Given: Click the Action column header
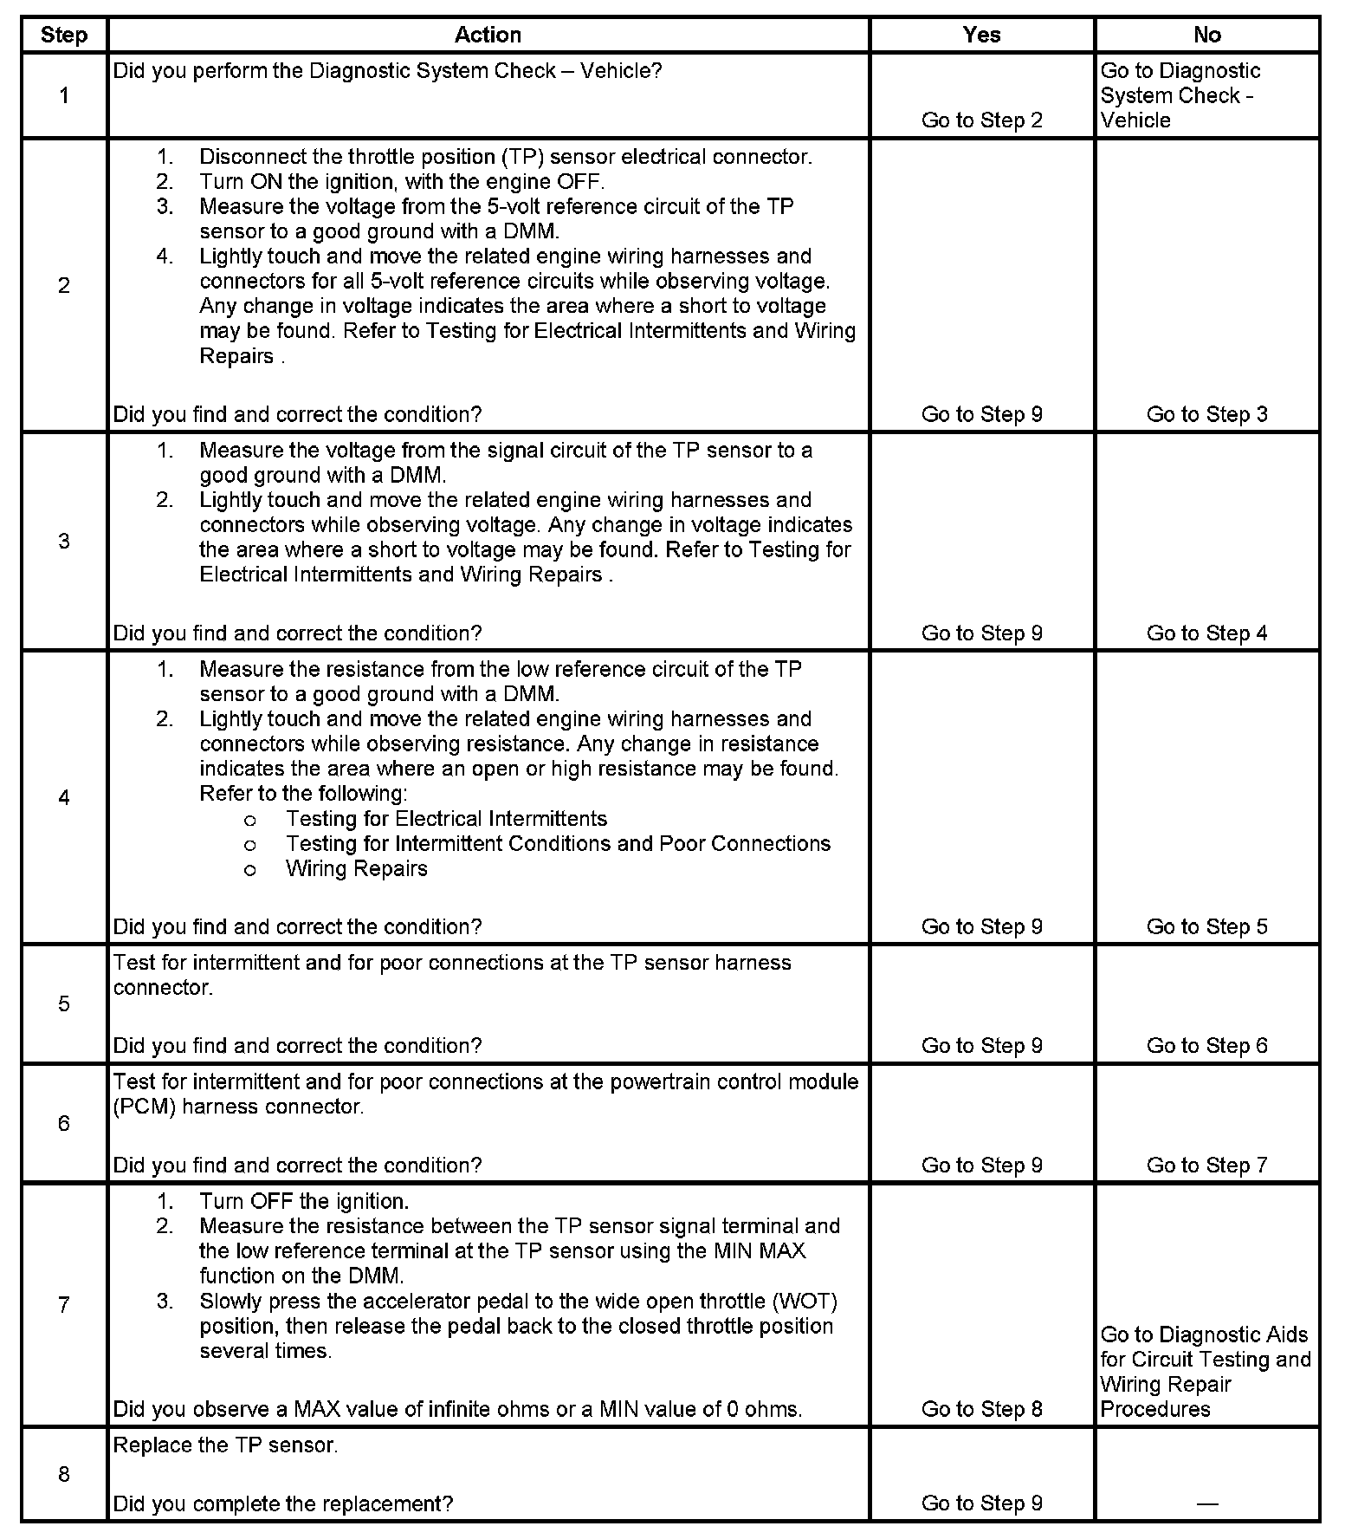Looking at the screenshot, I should click(x=488, y=35).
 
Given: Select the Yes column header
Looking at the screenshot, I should click(x=981, y=35).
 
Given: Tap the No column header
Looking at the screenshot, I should click(x=1206, y=35).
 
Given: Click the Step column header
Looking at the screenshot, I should click(x=64, y=36).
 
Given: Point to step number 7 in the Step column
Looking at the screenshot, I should click(x=64, y=1305).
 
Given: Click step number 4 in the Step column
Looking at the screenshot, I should click(x=64, y=797).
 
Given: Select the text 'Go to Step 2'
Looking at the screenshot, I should click(x=981, y=120).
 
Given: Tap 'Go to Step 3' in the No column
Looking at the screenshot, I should click(x=1206, y=414).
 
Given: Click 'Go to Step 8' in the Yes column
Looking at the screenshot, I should click(x=981, y=1409).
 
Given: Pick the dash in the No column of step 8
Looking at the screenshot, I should click(x=1206, y=1503).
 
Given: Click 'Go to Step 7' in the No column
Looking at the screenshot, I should click(x=1206, y=1166).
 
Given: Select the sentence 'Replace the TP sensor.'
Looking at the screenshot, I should click(x=225, y=1445).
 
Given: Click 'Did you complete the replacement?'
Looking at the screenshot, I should click(x=283, y=1503).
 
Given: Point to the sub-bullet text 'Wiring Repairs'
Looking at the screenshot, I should click(x=356, y=868).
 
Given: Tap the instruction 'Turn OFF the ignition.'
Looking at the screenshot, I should click(x=304, y=1202).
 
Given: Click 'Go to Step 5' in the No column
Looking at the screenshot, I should click(x=1206, y=926).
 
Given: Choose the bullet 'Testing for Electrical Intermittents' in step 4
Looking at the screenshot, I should click(x=446, y=819).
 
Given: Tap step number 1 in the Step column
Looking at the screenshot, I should click(x=64, y=95).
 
